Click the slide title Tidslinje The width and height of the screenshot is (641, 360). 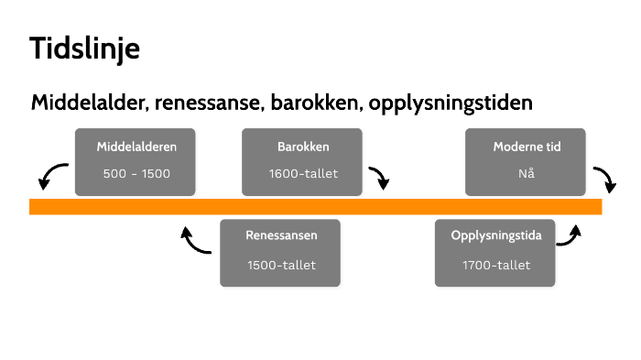pyautogui.click(x=84, y=49)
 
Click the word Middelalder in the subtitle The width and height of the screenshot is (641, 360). pyautogui.click(x=88, y=103)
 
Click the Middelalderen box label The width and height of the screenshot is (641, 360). pyautogui.click(x=136, y=147)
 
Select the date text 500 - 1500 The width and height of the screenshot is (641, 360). pyautogui.click(x=136, y=173)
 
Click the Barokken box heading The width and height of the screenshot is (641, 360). pyautogui.click(x=302, y=147)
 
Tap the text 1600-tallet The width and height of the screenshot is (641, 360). pyautogui.click(x=302, y=173)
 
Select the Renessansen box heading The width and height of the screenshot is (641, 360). pyautogui.click(x=281, y=235)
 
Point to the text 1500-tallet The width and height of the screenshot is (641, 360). pyautogui.click(x=281, y=265)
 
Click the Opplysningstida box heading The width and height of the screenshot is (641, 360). pyautogui.click(x=496, y=235)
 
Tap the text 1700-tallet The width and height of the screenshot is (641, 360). pyautogui.click(x=496, y=265)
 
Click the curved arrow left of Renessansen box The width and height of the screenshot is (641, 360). pyautogui.click(x=195, y=240)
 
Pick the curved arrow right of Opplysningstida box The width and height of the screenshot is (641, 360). pyautogui.click(x=570, y=235)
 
